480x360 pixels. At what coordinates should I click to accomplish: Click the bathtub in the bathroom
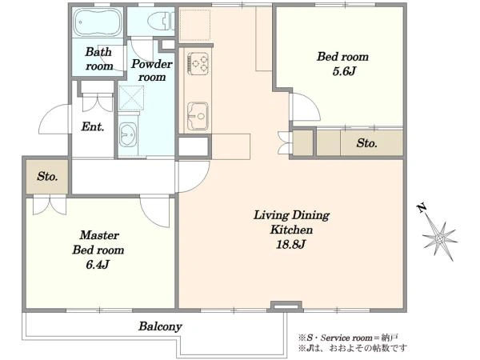[98, 22]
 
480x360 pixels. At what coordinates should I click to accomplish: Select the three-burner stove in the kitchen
[198, 63]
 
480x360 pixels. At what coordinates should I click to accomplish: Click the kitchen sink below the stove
[198, 116]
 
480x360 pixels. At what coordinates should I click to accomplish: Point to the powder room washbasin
[128, 134]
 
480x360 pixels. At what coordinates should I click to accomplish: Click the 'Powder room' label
[151, 70]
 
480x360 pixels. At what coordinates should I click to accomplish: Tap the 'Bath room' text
[98, 58]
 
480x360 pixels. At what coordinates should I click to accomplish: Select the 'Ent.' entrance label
[93, 126]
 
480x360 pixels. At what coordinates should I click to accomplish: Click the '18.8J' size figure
[290, 244]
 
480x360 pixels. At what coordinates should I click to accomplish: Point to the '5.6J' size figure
[344, 71]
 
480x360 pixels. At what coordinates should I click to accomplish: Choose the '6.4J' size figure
[98, 265]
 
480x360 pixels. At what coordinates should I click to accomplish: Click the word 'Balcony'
[161, 326]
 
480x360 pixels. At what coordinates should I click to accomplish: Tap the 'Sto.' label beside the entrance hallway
[47, 176]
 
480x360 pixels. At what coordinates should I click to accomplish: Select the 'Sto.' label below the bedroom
[366, 143]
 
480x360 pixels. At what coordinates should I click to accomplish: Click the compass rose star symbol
[440, 238]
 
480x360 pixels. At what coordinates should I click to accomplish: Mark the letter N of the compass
[422, 209]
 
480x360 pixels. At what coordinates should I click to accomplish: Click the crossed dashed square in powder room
[131, 98]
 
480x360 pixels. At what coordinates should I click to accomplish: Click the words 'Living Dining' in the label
[291, 215]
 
